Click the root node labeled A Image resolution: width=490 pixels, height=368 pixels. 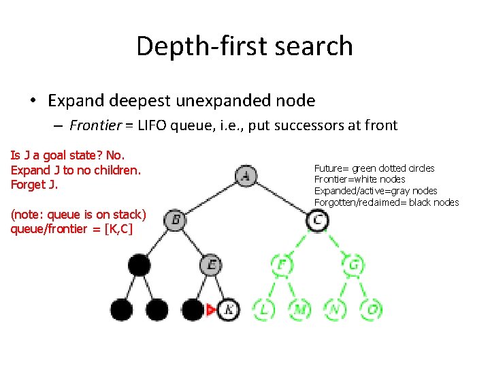(x=246, y=177)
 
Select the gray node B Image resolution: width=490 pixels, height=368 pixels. (x=176, y=220)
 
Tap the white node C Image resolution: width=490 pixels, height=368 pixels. (x=318, y=220)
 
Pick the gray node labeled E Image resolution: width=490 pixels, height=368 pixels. (x=212, y=264)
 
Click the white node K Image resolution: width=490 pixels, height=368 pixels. (x=229, y=309)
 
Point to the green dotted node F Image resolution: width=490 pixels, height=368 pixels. (x=282, y=264)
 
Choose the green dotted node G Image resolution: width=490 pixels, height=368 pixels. (x=354, y=264)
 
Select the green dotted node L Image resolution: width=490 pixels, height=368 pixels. (x=264, y=309)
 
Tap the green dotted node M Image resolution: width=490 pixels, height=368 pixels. (x=299, y=309)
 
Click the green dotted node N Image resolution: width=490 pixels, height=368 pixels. (x=336, y=309)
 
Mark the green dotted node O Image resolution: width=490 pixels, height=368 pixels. (x=372, y=309)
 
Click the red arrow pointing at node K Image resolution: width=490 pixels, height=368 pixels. (x=211, y=310)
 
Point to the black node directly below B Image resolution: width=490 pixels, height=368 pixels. (x=140, y=264)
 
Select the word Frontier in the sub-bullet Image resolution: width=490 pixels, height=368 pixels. (x=95, y=125)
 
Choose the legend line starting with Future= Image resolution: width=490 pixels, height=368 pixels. (x=374, y=168)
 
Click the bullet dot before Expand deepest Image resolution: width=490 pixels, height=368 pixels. (x=33, y=101)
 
